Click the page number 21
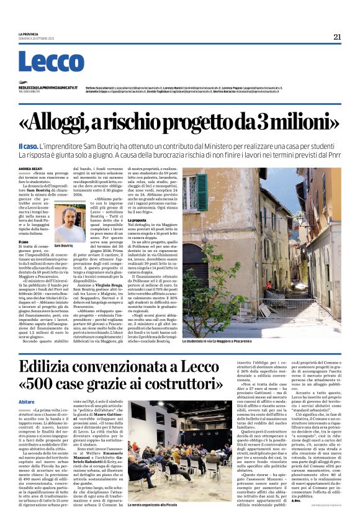coord(337,37)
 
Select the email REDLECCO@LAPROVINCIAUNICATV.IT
coord(48,88)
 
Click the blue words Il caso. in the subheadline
coord(29,145)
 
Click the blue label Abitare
coord(27,402)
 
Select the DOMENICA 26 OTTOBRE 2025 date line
coord(37,40)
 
